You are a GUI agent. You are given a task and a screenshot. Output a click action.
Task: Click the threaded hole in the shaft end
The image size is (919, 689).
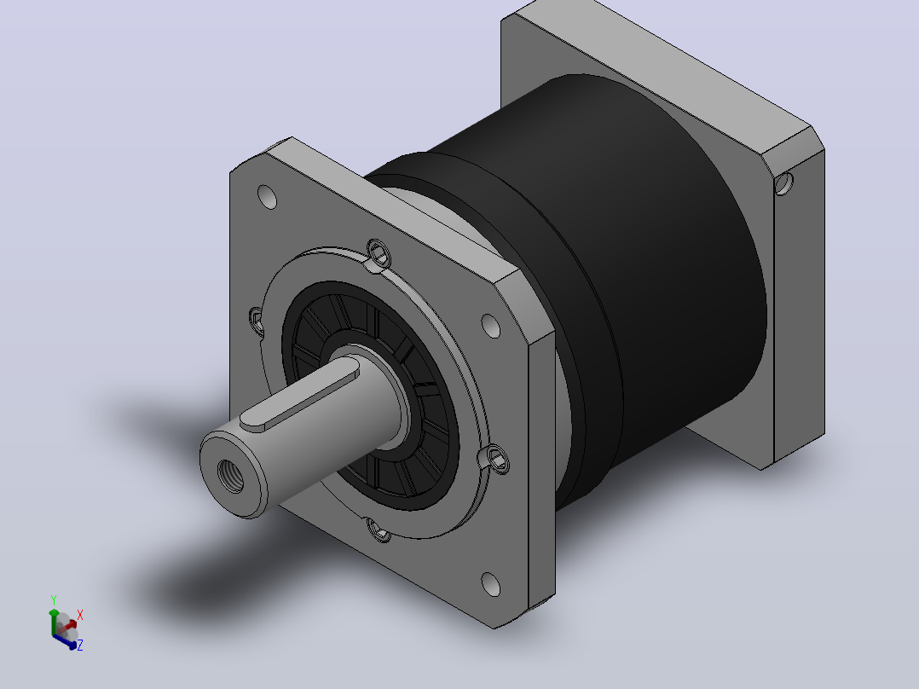[230, 476]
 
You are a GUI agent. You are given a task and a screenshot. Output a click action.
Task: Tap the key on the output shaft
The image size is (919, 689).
[300, 397]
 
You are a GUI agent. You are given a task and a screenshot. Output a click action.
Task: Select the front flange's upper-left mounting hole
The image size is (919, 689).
[268, 197]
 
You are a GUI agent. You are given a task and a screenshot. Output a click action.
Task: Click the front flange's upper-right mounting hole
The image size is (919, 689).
[490, 326]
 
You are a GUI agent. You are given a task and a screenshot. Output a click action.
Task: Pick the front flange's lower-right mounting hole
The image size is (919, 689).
[490, 584]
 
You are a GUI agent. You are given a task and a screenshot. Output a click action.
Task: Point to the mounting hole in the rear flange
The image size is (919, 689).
[783, 183]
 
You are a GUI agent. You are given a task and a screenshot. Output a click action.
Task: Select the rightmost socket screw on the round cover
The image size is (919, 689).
[497, 459]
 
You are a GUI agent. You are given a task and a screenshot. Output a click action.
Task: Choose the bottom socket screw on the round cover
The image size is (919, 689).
[379, 530]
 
